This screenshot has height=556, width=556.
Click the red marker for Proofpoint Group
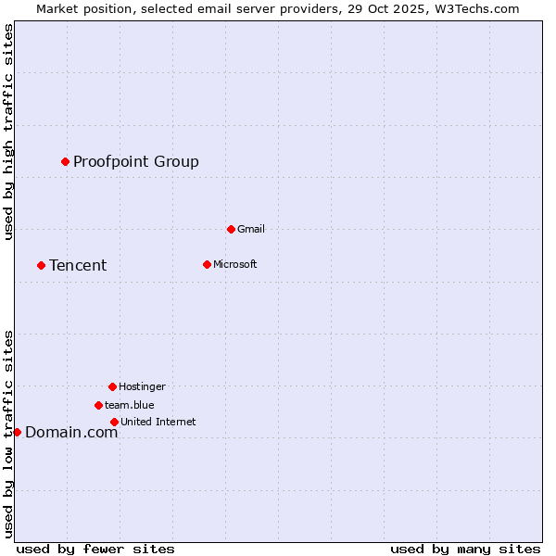[x=65, y=161]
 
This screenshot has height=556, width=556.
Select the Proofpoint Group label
[x=136, y=162]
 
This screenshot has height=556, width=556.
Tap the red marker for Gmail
[x=231, y=229]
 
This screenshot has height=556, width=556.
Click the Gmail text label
[x=251, y=230]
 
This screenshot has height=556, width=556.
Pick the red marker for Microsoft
[x=207, y=264]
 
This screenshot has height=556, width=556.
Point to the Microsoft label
[x=234, y=265]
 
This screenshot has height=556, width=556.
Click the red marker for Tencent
[x=41, y=265]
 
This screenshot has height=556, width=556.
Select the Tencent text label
[x=78, y=266]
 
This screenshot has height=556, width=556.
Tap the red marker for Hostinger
[x=112, y=386]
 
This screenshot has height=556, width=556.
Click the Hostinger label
[x=142, y=387]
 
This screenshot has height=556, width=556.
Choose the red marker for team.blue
[x=98, y=405]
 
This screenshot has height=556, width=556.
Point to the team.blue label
[x=130, y=406]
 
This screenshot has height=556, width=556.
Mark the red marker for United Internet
[x=114, y=422]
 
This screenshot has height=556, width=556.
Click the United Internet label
[x=158, y=423]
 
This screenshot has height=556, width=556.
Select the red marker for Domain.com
[x=17, y=432]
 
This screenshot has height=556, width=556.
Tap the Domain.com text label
[x=71, y=433]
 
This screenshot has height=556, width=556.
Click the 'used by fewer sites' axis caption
[x=95, y=549]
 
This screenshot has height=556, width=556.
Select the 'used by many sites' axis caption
[x=465, y=549]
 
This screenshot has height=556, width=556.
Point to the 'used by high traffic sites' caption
[x=9, y=132]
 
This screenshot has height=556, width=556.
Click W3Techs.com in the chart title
[x=474, y=8]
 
